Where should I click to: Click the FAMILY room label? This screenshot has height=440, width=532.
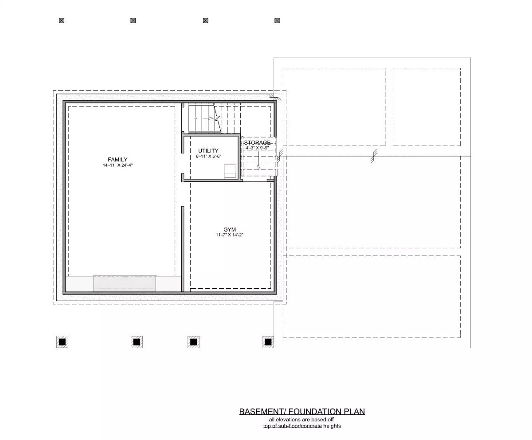click(117, 160)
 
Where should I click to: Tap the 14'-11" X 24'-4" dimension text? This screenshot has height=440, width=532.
click(117, 165)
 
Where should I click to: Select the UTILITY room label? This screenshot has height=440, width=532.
click(208, 151)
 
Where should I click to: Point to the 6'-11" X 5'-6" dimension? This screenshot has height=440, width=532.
click(208, 157)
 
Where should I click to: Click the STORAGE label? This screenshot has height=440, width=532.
click(257, 143)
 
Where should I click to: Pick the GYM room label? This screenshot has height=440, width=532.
click(230, 229)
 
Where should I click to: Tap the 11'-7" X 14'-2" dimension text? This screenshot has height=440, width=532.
click(230, 235)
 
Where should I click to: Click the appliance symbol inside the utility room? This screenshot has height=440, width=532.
click(230, 171)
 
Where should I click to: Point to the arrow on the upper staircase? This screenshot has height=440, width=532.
click(211, 118)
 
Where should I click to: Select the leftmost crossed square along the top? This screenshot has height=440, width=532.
click(62, 20)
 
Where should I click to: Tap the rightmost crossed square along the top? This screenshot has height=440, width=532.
click(277, 20)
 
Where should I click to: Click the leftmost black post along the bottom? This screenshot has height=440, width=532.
click(62, 342)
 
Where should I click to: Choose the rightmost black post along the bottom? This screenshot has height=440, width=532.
click(268, 342)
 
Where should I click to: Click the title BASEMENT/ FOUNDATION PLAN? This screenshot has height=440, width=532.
click(302, 412)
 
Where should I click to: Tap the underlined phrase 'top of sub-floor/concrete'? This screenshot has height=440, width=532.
click(292, 426)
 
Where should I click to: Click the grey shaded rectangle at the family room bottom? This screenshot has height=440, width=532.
click(125, 283)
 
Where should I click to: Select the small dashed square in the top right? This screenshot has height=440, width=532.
click(426, 106)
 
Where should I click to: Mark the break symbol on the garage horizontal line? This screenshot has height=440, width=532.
click(375, 156)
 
